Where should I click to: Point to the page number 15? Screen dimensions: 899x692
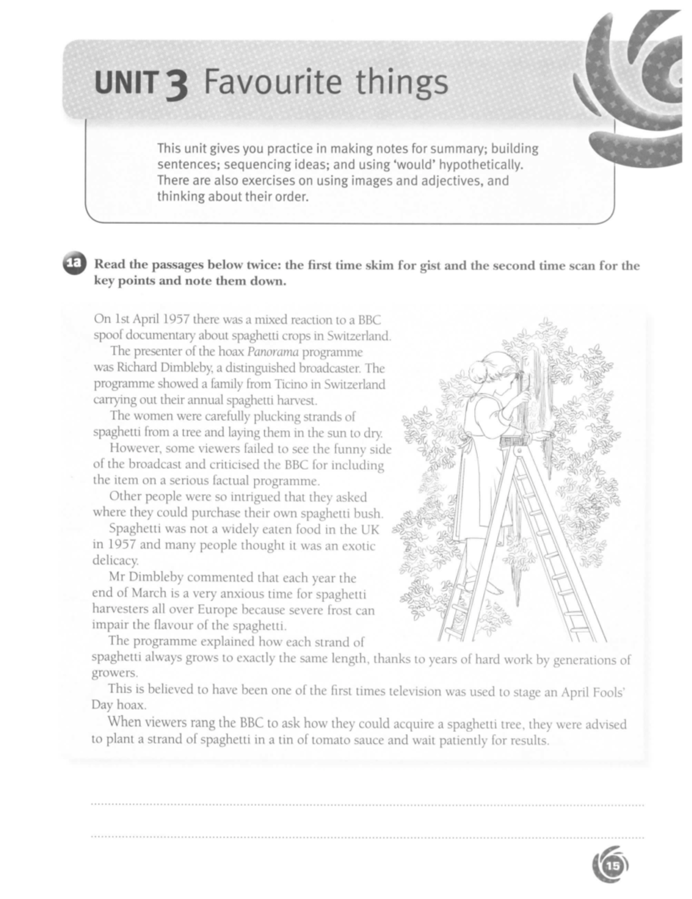(611, 866)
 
